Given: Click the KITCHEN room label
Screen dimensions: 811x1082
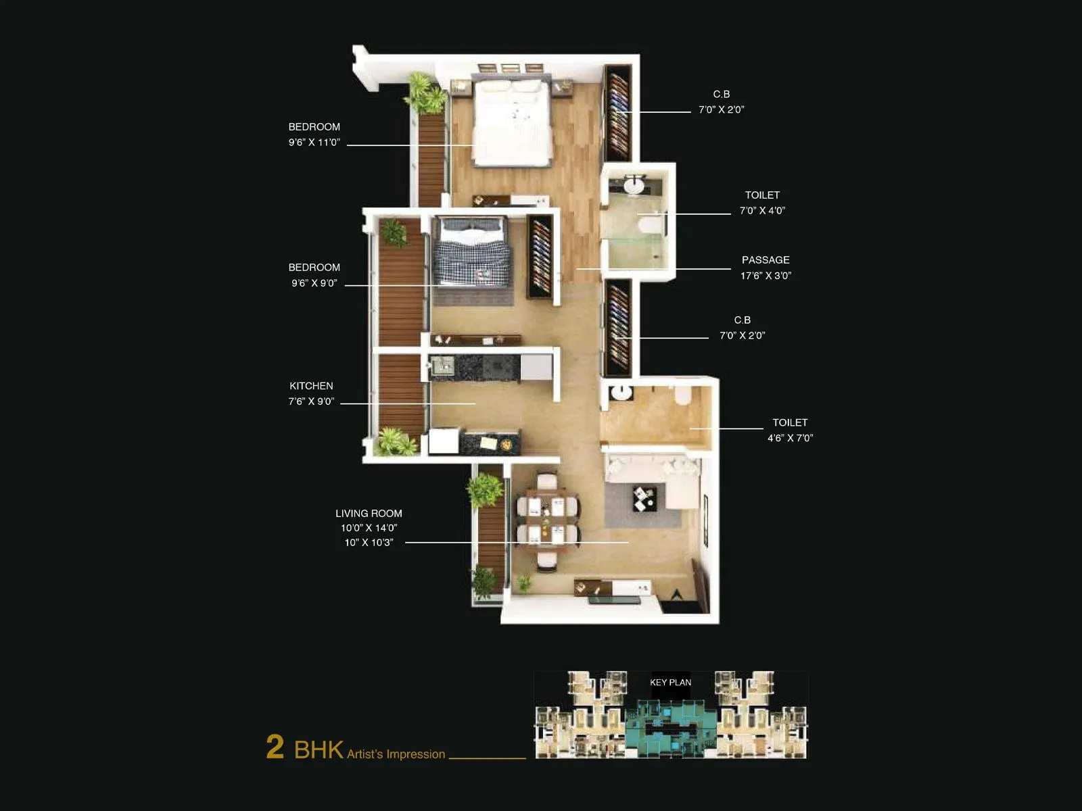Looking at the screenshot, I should (311, 386).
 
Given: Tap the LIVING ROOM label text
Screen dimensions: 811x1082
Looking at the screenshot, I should (369, 514).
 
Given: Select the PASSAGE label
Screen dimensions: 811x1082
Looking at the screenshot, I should (766, 260).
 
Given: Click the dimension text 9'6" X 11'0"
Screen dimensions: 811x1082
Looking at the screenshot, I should (314, 143).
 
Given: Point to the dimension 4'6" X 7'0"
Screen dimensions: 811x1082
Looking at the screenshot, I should (790, 438).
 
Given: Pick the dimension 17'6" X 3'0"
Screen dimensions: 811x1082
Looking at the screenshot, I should (766, 276).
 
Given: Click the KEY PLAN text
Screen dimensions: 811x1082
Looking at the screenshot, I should (670, 683).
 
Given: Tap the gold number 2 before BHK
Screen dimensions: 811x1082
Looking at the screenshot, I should (275, 747).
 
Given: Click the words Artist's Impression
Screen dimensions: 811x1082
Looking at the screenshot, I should (396, 754).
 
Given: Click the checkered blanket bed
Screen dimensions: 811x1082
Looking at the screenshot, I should (471, 253).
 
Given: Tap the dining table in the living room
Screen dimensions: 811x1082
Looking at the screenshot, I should (548, 520).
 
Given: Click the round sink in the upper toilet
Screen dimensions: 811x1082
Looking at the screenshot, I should (634, 185).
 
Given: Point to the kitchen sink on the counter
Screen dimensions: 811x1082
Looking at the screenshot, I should (444, 366).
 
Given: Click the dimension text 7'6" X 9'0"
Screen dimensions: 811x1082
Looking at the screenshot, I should (311, 401).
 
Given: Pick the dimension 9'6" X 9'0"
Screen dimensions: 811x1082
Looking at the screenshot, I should (314, 283).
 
